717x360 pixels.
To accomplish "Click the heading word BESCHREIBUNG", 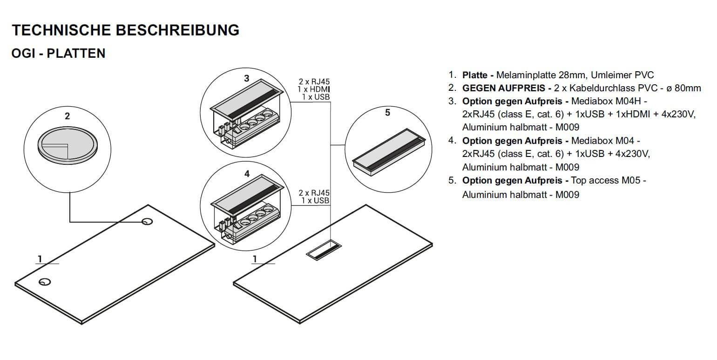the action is coord(177,30).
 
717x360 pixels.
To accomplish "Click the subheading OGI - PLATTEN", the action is coord(58,53).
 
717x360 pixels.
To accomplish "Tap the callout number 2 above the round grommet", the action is coord(67,116).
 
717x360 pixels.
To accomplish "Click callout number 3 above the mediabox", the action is coord(246,78).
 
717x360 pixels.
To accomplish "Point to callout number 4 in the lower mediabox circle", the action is coord(247,174).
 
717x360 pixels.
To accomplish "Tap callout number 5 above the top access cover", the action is coord(388,113).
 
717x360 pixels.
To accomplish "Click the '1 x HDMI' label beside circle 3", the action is coord(314,89).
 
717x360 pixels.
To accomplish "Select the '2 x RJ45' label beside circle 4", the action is coord(314,193).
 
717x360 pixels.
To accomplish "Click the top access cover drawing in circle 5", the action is coord(389,151).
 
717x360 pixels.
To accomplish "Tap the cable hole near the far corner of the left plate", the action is coord(147,222).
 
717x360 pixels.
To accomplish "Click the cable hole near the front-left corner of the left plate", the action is coord(45,282).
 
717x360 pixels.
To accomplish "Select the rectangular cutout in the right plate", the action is coord(324,250).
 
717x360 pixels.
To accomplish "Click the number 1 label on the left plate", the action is coord(40,259).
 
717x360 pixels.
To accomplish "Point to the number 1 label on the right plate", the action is coord(255,259).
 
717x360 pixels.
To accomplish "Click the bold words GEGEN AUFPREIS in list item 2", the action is coord(503,88).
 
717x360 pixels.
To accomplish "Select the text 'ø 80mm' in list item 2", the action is coord(683,88).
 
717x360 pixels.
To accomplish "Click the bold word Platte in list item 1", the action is coord(475,75).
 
